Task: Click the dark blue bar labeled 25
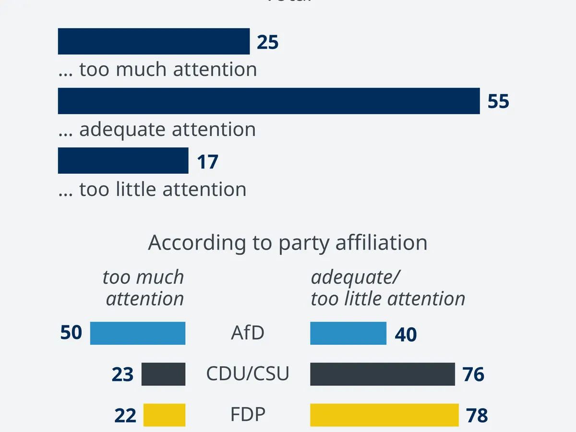click(154, 41)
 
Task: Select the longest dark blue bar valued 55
click(269, 101)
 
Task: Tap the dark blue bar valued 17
click(123, 160)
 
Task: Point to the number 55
click(498, 102)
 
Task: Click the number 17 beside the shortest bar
click(207, 162)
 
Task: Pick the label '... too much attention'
click(157, 70)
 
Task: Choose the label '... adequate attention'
click(157, 130)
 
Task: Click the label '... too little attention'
click(152, 190)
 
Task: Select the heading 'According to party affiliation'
click(288, 243)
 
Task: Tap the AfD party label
click(248, 333)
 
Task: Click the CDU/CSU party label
click(248, 374)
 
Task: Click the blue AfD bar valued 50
click(138, 333)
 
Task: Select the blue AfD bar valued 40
click(348, 333)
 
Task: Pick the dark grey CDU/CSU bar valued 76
click(382, 374)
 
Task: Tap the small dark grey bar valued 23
click(163, 374)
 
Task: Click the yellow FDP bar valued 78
click(384, 415)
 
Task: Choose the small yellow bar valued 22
click(164, 415)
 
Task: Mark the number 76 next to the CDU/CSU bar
click(473, 375)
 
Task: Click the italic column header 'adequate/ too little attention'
click(388, 288)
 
